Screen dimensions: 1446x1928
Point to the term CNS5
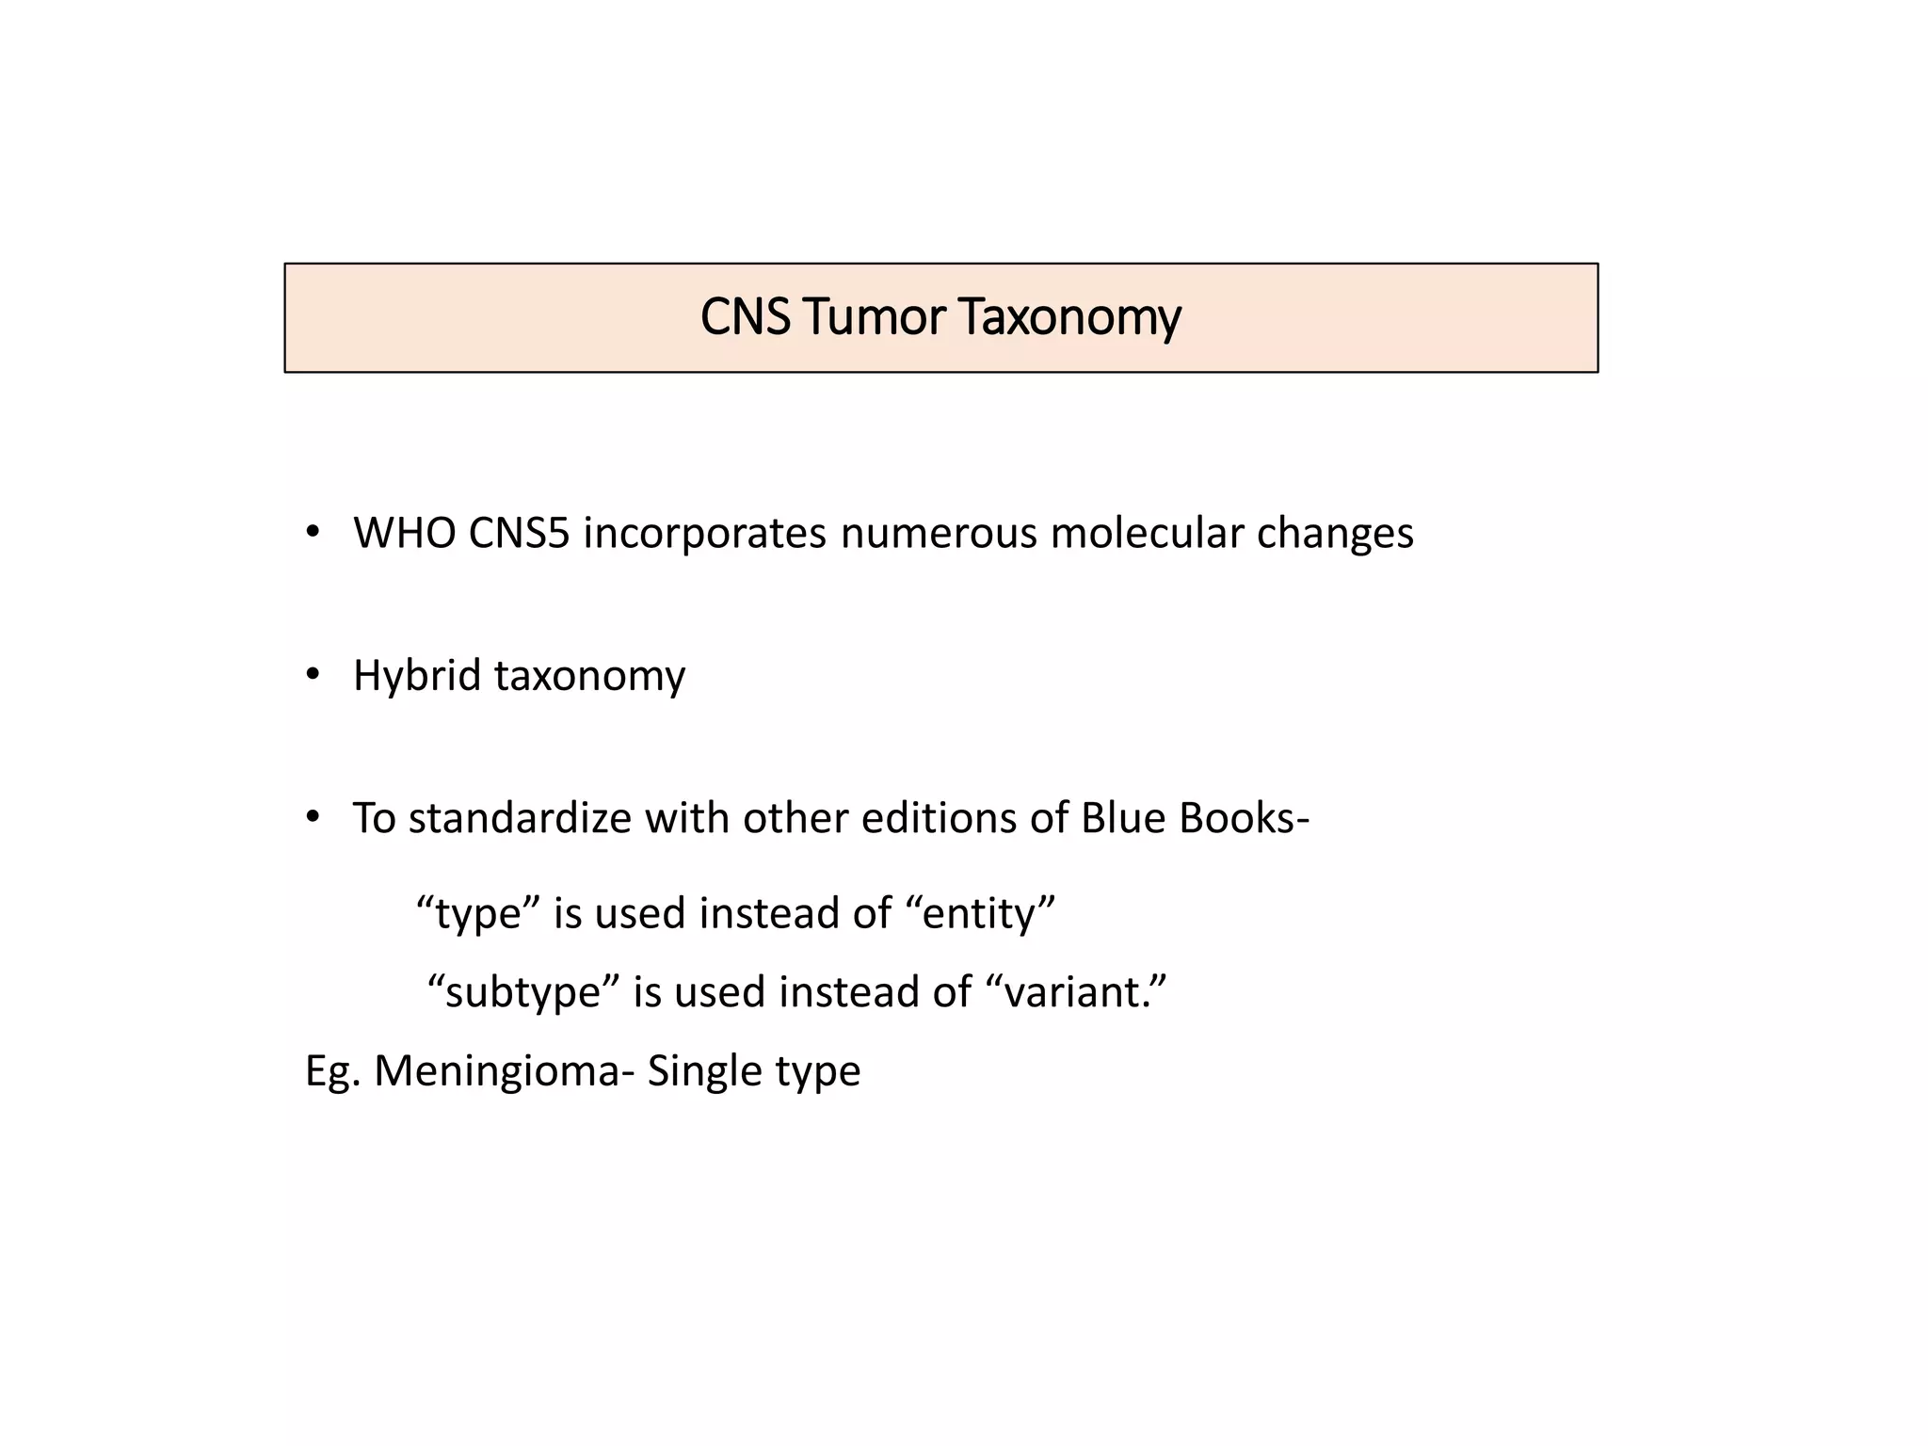pyautogui.click(x=519, y=533)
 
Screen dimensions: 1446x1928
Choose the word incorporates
pyautogui.click(x=705, y=533)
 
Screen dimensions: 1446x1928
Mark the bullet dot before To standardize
pyautogui.click(x=313, y=816)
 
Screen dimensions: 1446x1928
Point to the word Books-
pyautogui.click(x=1244, y=817)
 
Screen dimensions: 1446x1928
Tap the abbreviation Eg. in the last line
pyautogui.click(x=331, y=1071)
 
